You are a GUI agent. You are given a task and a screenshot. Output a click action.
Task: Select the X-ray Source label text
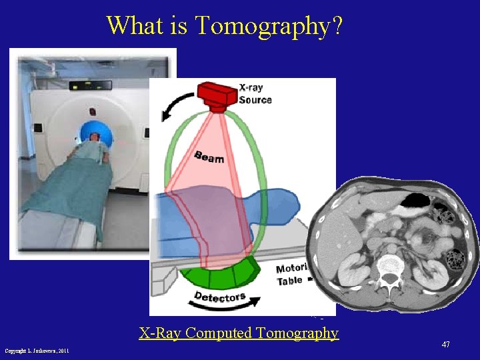tap(255, 94)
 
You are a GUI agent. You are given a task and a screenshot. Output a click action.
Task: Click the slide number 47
tap(445, 344)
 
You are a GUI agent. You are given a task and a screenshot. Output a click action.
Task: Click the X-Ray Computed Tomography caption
tap(239, 333)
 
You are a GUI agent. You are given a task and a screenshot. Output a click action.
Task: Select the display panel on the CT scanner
tap(95, 85)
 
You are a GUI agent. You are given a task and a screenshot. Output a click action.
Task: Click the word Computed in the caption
tap(217, 333)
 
